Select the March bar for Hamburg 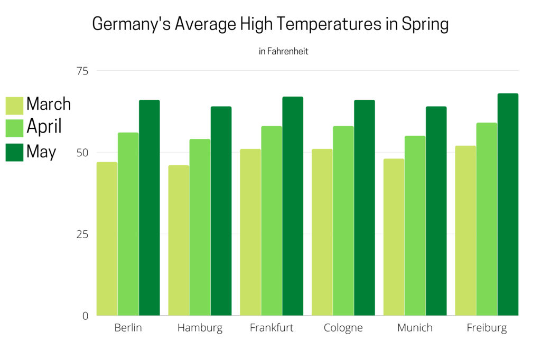point(179,240)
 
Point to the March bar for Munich point(394,237)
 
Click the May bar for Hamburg point(221,211)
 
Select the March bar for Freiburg point(465,230)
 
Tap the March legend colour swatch point(14,105)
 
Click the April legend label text point(44,127)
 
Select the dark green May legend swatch point(14,152)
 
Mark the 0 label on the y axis point(85,316)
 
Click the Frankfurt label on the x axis point(272,328)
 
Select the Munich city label point(415,328)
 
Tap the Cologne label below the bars point(343,328)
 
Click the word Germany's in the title point(131,24)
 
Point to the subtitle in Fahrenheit point(283,52)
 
